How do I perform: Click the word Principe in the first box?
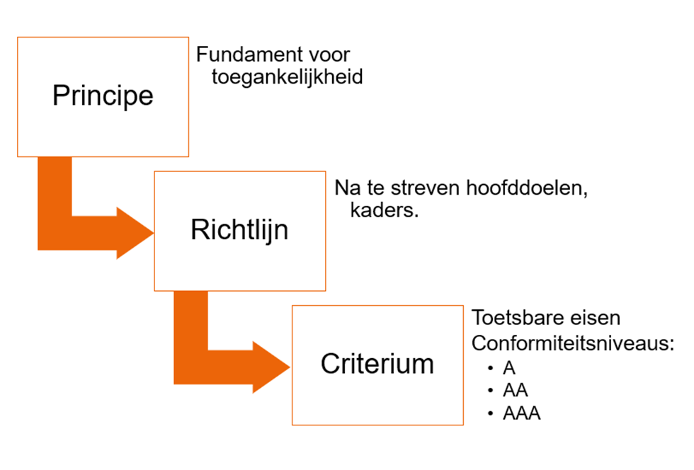103,96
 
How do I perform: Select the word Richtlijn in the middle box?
239,230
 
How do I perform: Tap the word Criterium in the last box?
377,364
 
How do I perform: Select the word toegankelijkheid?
287,76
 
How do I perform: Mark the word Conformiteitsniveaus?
572,343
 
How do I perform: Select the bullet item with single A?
509,368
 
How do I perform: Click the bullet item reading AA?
515,391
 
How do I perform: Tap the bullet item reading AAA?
521,413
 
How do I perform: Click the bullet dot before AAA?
490,413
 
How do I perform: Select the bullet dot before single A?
490,368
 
